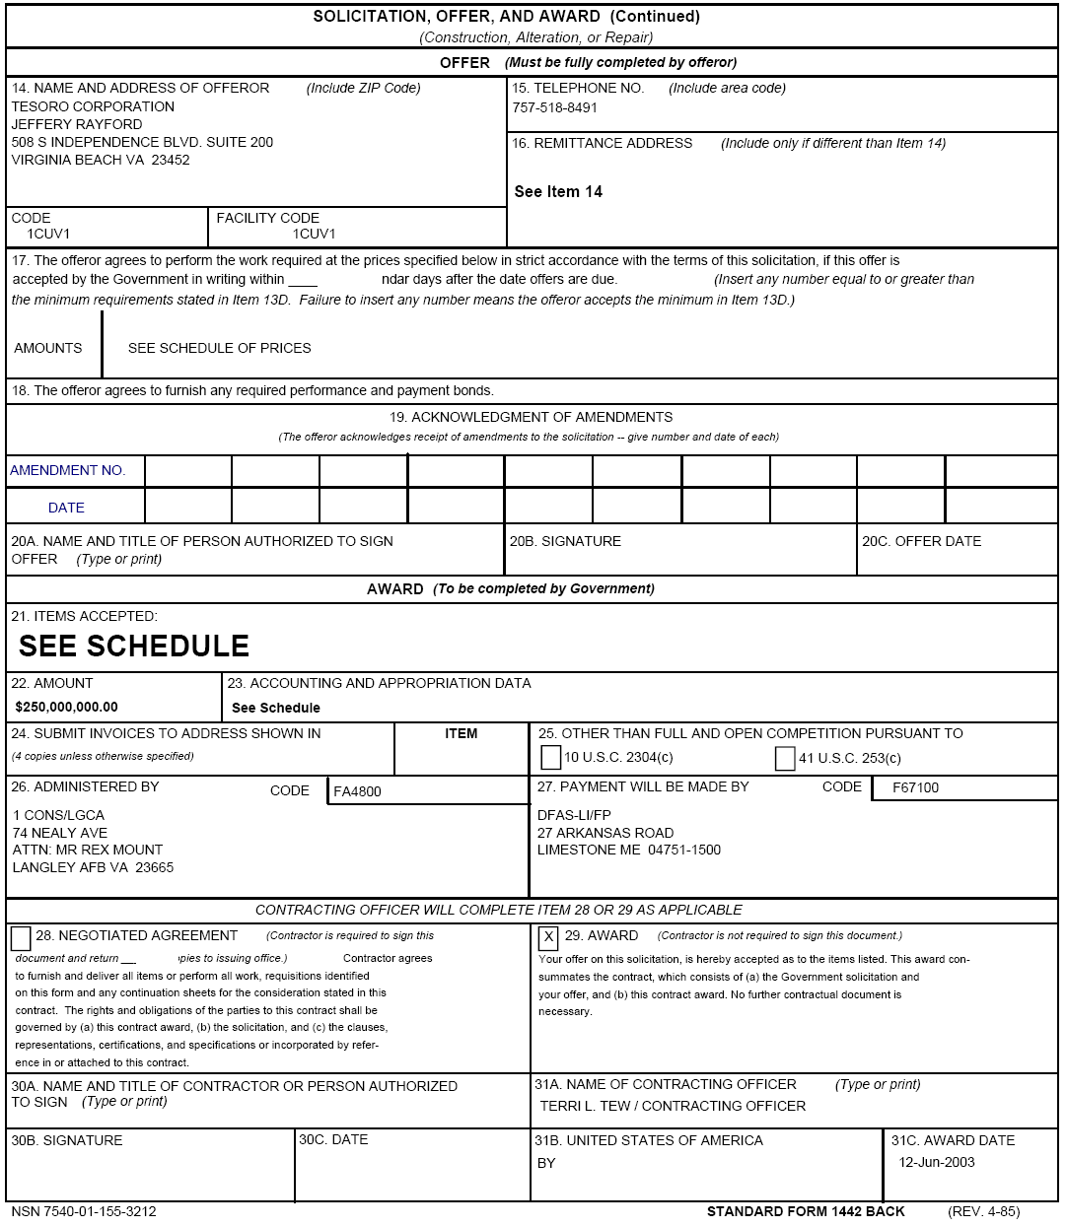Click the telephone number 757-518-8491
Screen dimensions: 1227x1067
(554, 107)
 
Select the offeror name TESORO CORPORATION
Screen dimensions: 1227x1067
(93, 106)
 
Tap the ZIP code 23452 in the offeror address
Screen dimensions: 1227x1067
(170, 160)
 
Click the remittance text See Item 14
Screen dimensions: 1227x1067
(558, 191)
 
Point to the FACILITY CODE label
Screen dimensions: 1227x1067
(267, 218)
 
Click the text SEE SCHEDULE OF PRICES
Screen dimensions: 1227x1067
(219, 348)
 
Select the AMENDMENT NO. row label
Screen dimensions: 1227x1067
(68, 470)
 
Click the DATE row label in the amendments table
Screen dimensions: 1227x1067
(66, 508)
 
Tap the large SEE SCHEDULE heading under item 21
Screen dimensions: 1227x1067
(134, 646)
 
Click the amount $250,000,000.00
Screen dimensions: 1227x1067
(66, 707)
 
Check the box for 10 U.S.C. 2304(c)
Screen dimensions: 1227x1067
(551, 758)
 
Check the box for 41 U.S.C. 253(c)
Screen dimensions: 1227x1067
(785, 758)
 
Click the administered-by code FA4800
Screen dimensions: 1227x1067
(357, 791)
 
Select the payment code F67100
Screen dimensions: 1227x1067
(915, 787)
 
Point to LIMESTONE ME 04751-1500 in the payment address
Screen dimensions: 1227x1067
(628, 850)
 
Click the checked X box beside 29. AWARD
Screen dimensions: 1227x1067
(549, 936)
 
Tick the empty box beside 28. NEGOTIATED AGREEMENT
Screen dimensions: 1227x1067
(21, 937)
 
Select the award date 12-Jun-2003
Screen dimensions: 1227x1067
(936, 1162)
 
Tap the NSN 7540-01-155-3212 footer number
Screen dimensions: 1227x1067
(84, 1211)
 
